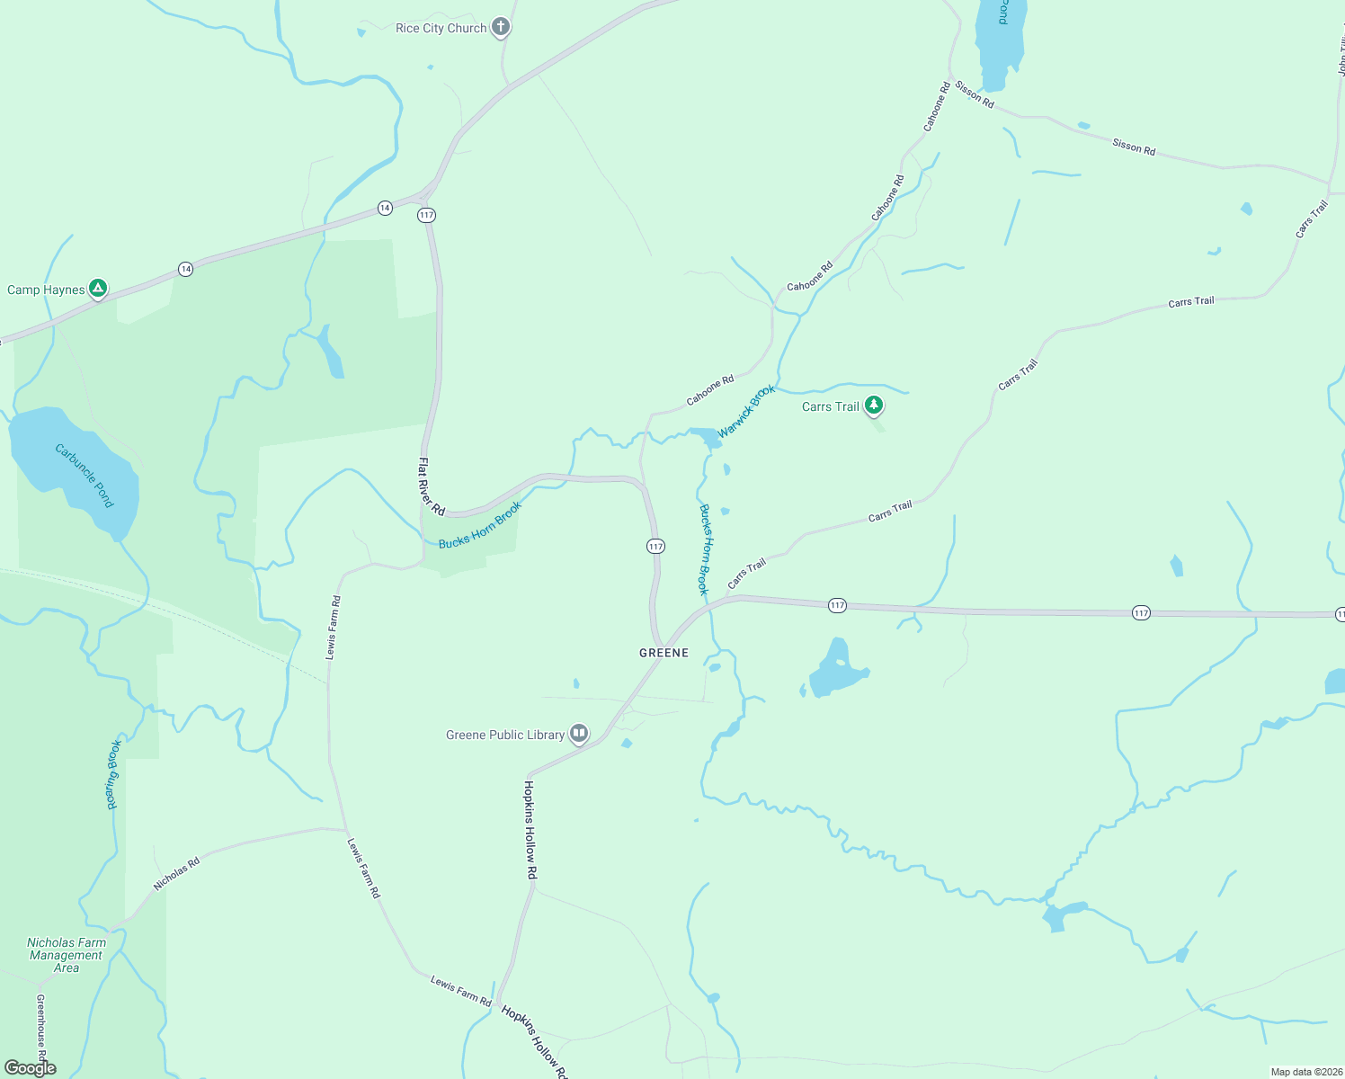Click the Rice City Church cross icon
point(501,28)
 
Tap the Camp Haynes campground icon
point(98,289)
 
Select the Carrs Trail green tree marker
point(873,406)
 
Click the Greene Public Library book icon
point(579,735)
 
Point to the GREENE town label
point(664,653)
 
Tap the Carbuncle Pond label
point(85,475)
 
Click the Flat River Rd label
point(432,486)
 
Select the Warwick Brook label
point(746,411)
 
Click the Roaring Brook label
point(113,775)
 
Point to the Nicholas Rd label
point(176,873)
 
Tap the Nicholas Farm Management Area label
point(67,955)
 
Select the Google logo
point(31,1068)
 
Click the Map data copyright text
point(1306,1072)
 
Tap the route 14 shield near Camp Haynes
point(185,269)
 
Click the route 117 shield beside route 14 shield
point(426,215)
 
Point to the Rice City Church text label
point(441,28)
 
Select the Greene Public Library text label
point(505,735)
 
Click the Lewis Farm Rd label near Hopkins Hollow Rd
point(460,991)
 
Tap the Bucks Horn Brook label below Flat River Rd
point(480,525)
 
